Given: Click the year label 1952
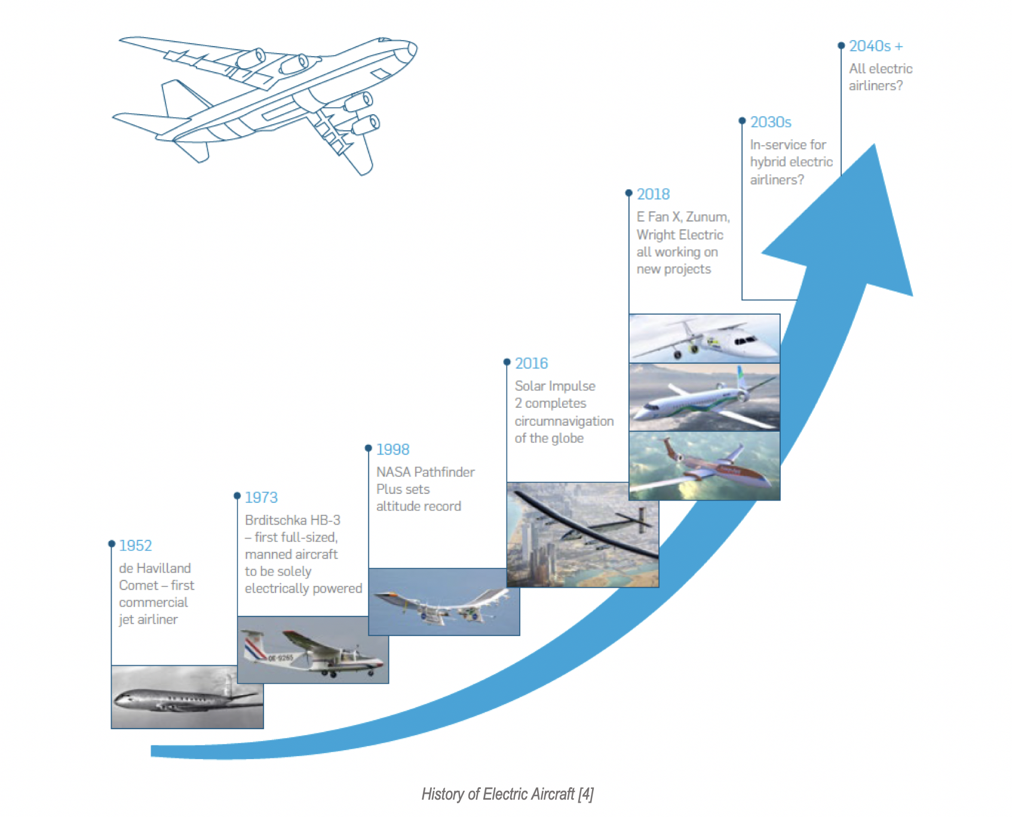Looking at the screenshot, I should click(135, 545).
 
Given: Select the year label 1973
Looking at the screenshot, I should click(261, 497).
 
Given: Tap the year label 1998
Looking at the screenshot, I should click(392, 449).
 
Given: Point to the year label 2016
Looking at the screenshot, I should click(531, 363).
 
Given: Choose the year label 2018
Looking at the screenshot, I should click(653, 194).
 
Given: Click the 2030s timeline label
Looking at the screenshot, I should click(771, 122).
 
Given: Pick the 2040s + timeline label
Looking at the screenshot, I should click(876, 46).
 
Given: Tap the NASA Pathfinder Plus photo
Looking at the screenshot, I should click(444, 602).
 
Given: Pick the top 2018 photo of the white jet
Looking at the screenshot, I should click(704, 338).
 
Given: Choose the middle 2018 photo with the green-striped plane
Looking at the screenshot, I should click(704, 397).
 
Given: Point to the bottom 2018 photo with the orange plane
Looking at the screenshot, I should click(704, 466).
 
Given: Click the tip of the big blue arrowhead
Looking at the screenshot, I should click(875, 146).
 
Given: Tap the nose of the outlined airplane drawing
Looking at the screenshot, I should click(413, 48).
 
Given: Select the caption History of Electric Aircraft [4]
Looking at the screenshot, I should click(507, 794).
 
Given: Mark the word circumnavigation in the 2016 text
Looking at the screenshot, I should click(564, 421).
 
